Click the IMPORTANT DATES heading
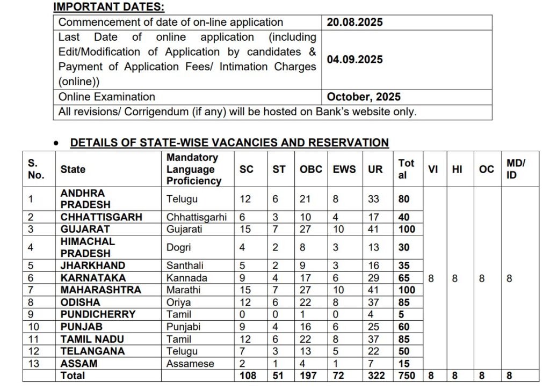click(108, 7)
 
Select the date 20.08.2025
click(354, 23)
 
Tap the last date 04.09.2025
click(354, 60)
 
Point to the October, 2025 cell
click(364, 97)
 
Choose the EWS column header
click(344, 169)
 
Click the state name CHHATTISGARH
click(101, 217)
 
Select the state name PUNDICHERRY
click(98, 314)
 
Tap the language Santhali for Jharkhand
click(186, 265)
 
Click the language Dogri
click(179, 247)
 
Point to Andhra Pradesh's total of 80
click(404, 199)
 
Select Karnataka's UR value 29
click(374, 278)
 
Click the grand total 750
click(407, 376)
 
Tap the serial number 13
click(33, 364)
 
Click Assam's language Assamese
click(190, 364)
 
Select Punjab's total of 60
click(404, 327)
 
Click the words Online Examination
click(106, 97)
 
